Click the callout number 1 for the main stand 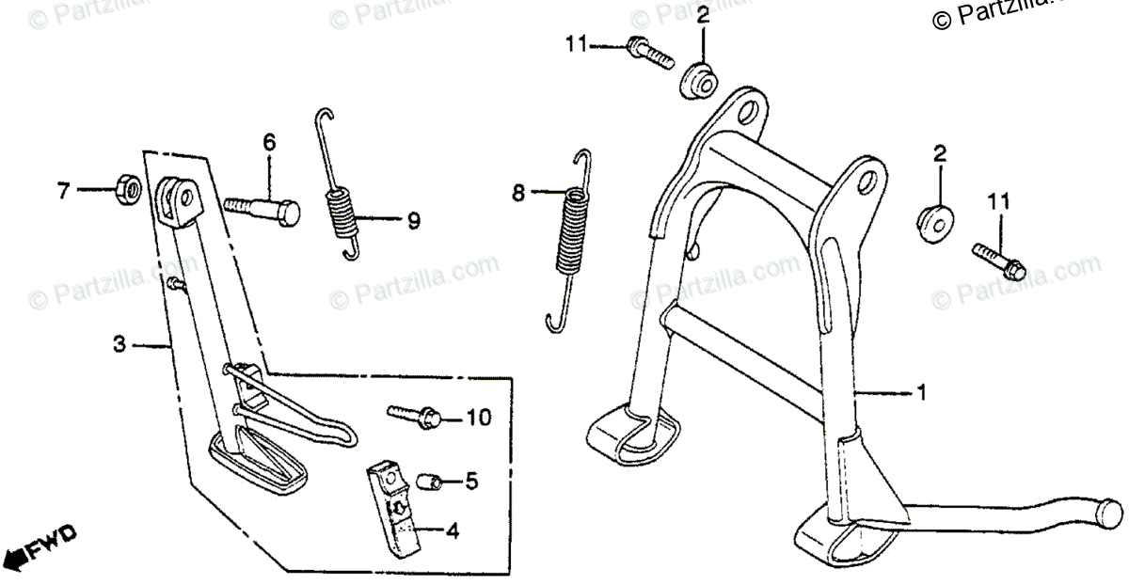click(x=922, y=392)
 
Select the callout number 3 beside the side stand click(x=119, y=345)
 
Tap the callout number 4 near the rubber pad click(x=452, y=532)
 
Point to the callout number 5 click(x=470, y=482)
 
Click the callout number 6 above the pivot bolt click(x=269, y=143)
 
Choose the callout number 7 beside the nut click(x=64, y=192)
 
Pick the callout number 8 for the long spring click(x=518, y=194)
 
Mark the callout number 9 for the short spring click(x=413, y=221)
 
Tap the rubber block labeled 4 click(x=393, y=507)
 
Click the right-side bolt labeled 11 click(x=994, y=260)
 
